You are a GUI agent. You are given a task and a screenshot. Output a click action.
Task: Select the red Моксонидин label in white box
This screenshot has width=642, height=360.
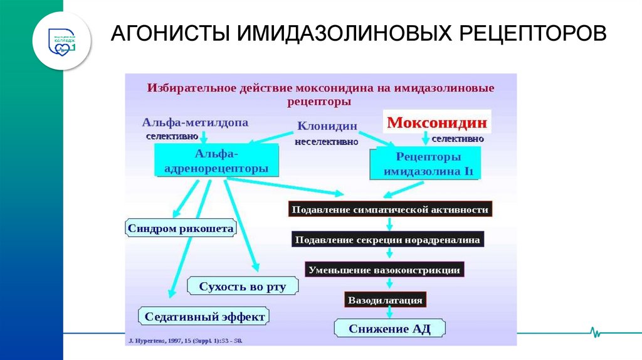(x=436, y=122)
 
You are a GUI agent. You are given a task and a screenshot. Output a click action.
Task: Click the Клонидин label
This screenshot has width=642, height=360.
(x=327, y=126)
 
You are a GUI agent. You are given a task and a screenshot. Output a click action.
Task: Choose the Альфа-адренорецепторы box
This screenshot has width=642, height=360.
(x=216, y=161)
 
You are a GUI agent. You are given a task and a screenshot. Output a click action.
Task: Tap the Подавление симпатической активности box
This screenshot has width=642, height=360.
(x=390, y=209)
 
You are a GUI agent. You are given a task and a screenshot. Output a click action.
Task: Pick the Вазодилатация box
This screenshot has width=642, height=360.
(x=385, y=300)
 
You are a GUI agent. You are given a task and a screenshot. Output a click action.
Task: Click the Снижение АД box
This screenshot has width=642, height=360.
(x=389, y=329)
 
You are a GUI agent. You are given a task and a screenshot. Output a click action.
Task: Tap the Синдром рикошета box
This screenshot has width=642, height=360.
(x=181, y=228)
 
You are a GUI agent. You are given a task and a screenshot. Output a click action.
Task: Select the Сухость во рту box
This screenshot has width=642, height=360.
(x=242, y=287)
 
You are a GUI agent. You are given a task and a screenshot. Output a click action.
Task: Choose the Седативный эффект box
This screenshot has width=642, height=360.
(x=204, y=316)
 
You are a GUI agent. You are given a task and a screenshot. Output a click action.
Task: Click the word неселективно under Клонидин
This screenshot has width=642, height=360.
(x=327, y=142)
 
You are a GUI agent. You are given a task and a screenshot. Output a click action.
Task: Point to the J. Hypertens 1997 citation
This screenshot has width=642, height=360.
(x=184, y=341)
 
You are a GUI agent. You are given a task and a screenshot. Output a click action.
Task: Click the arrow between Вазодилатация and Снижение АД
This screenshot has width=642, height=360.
(x=389, y=313)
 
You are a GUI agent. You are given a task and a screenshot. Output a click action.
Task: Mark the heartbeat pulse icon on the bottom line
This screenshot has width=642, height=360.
(x=594, y=331)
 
